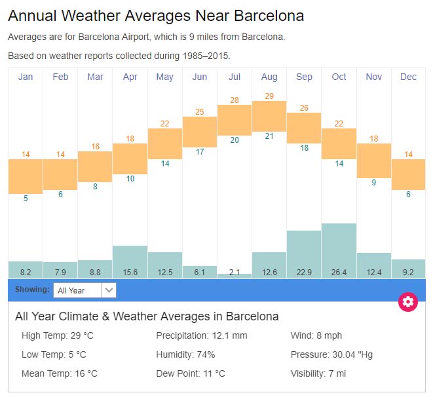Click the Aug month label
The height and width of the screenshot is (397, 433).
click(x=269, y=77)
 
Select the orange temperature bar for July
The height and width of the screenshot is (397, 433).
click(x=235, y=120)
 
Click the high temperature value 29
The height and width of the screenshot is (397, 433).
click(x=269, y=96)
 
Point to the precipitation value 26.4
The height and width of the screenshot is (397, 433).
click(x=339, y=272)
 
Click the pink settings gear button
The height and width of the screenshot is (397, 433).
click(x=408, y=301)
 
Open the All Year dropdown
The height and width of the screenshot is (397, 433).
click(x=85, y=290)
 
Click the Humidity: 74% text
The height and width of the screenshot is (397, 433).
click(x=185, y=354)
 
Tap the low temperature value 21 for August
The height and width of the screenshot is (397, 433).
click(x=269, y=136)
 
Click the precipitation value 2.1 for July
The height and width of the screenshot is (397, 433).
click(x=235, y=272)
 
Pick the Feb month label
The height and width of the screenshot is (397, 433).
click(x=60, y=77)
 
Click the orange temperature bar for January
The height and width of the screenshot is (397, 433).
click(x=26, y=176)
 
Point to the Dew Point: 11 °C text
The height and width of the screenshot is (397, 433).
click(x=191, y=373)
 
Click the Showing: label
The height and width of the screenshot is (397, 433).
click(x=32, y=290)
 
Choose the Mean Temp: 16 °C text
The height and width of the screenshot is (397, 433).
click(x=60, y=373)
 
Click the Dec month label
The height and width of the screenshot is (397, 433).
click(x=408, y=77)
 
